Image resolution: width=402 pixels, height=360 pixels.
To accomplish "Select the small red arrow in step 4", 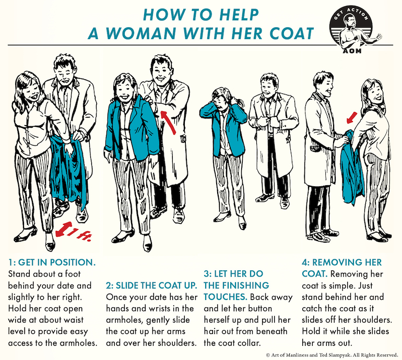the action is coord(351,117).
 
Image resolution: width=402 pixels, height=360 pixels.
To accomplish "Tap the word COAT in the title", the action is coord(291,33).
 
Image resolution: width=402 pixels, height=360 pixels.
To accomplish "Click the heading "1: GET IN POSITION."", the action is coord(52,262).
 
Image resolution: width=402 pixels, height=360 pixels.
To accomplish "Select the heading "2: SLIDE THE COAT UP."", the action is coord(151,285).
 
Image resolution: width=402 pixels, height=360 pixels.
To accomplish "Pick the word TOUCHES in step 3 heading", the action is coord(226,297).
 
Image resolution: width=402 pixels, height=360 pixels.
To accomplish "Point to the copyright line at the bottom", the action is coord(332,355).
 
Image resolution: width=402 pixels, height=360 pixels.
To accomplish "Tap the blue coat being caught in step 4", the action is coord(352,166).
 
